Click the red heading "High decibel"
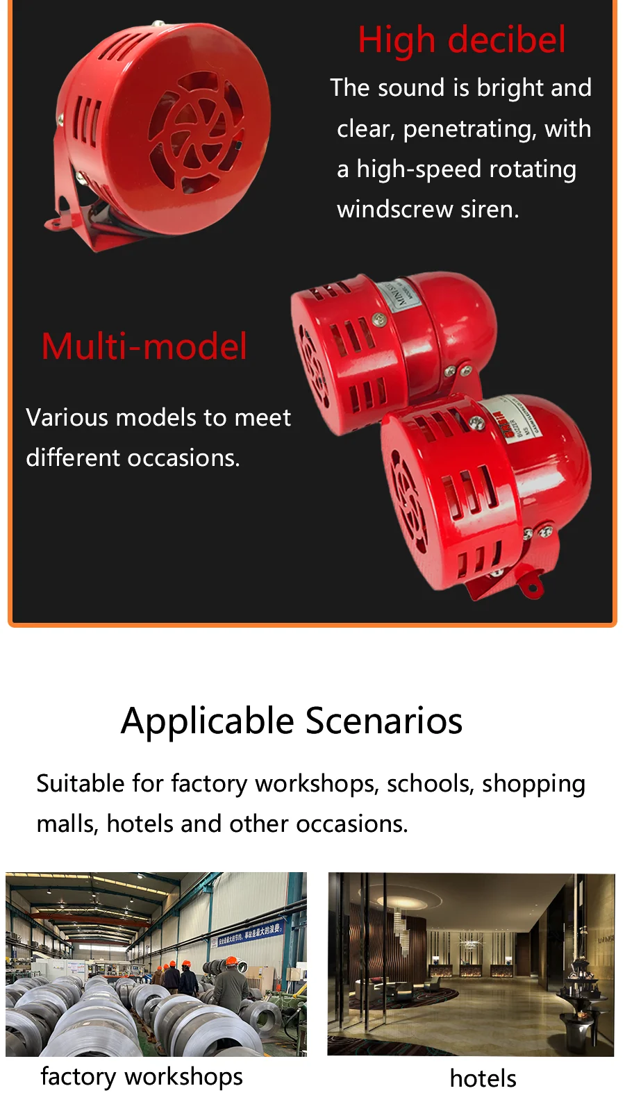point(462,40)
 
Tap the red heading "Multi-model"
point(144,346)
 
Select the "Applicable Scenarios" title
point(292,721)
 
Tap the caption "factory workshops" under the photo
point(142,1077)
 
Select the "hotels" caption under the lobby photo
point(483,1078)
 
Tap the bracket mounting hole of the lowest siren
point(533,587)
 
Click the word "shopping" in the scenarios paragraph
point(533,784)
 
